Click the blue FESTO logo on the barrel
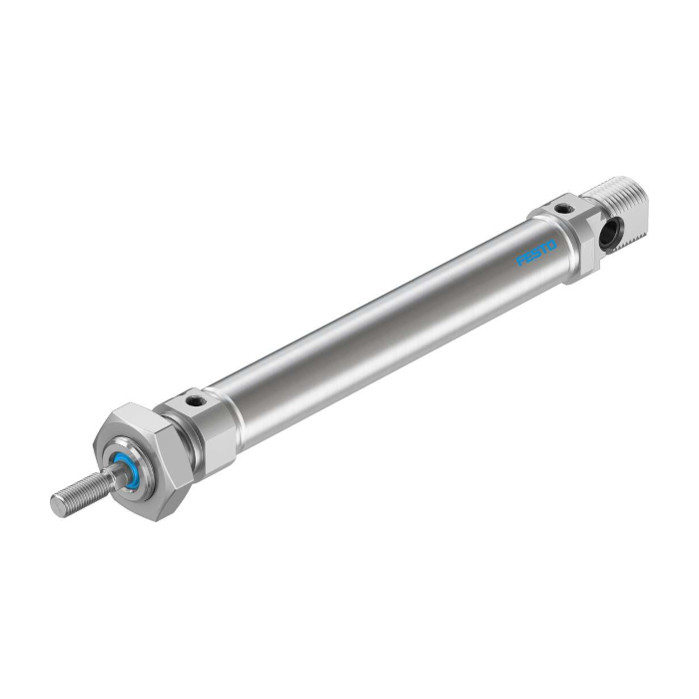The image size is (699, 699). pos(536,253)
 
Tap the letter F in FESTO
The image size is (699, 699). pos(520,261)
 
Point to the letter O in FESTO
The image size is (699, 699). pos(552,246)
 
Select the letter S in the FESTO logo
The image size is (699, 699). pos(536,253)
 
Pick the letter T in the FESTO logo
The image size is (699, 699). pos(544,249)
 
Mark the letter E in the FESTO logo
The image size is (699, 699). pos(528,257)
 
